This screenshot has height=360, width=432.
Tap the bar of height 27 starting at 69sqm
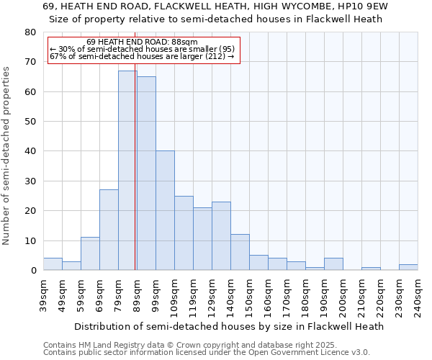(109, 230)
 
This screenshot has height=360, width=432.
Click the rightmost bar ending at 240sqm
(408, 267)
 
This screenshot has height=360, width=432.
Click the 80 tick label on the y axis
(30, 32)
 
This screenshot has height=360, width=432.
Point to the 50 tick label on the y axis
(30, 122)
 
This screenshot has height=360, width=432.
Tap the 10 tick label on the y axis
(30, 240)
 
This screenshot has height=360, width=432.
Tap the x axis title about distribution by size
(230, 326)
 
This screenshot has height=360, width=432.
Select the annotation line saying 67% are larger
(142, 56)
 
